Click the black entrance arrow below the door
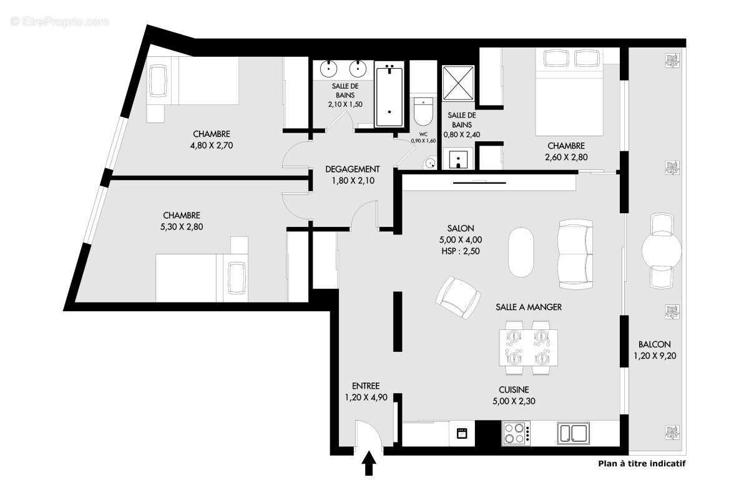coord(369,463)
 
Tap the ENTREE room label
coord(365,386)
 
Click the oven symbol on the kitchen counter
coord(462,433)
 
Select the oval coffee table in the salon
coord(521,251)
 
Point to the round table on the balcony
coord(661,251)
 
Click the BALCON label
coord(655,344)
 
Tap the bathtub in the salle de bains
coord(389,95)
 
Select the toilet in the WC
coord(423,112)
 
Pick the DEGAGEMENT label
coord(353,169)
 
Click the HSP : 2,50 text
coord(461,251)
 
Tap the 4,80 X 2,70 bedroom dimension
coord(212,146)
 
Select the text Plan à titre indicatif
coord(642,463)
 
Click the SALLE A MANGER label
coord(529,307)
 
